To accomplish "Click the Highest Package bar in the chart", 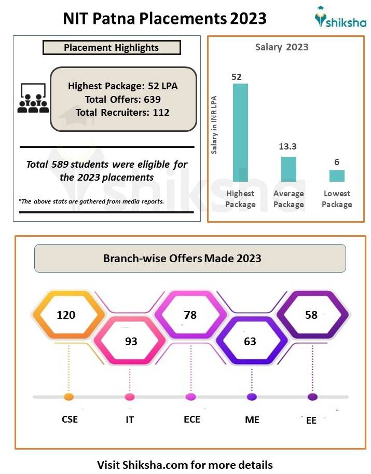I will tap(240, 132).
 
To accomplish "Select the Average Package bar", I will tap(288, 169).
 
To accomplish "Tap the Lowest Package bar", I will tap(337, 176).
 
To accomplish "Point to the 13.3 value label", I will tap(288, 147).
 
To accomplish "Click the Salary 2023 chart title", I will tap(282, 47).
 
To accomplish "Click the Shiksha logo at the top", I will tap(340, 19).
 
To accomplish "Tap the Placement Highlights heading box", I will tap(112, 48).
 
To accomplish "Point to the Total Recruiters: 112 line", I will tap(122, 112).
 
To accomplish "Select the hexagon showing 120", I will tap(66, 315).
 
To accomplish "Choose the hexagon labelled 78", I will tap(190, 315).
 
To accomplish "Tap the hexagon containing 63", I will tap(251, 341).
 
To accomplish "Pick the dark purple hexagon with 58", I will tap(312, 315).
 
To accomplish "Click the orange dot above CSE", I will tap(68, 397).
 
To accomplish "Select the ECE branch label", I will tap(191, 419).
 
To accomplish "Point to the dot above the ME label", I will tap(252, 397).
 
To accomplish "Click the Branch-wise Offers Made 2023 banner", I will tap(190, 258).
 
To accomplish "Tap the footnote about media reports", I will tap(91, 201).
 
